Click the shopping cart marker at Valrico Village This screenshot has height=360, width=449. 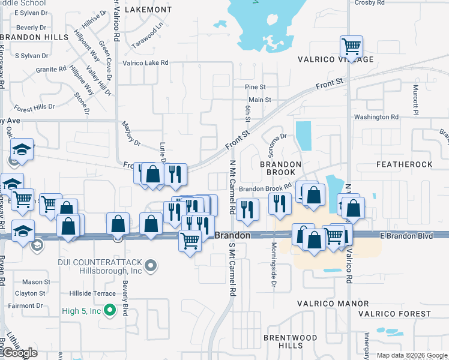coord(351,46)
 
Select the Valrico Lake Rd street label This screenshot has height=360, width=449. coord(145,62)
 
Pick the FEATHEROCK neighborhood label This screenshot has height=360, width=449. coord(404,164)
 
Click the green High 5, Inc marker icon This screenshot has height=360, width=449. coord(109,310)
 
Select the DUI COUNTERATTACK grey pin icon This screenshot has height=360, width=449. coord(151,265)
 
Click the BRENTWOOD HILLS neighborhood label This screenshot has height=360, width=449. coord(283,342)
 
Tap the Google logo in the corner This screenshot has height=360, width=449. coord(20,353)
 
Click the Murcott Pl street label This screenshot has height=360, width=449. coord(414,99)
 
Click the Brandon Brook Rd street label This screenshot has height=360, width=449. coord(265,188)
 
